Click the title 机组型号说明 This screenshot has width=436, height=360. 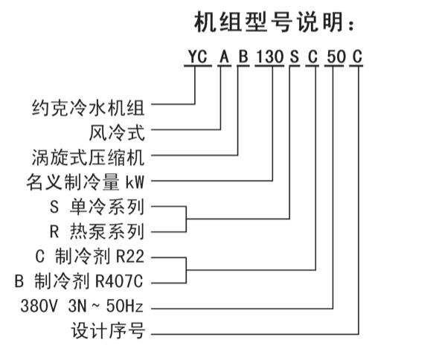(x=275, y=22)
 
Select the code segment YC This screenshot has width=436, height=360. (x=198, y=57)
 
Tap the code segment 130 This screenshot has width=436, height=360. (x=269, y=57)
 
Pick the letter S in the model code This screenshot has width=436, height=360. (x=294, y=57)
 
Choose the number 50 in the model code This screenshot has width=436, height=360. (x=336, y=57)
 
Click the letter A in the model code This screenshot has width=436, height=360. (x=224, y=57)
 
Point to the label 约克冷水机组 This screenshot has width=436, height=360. (x=88, y=108)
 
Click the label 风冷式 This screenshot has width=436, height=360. (x=117, y=133)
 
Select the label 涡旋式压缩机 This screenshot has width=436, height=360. (x=88, y=158)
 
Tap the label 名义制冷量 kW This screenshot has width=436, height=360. (x=86, y=182)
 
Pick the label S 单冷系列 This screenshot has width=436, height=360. (x=97, y=207)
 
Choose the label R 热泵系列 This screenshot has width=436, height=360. (x=97, y=231)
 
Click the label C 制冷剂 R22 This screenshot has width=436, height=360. (x=90, y=256)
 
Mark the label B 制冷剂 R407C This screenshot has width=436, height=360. (x=79, y=280)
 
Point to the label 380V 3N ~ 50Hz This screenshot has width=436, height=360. (x=82, y=306)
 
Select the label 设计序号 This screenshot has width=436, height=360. (x=108, y=330)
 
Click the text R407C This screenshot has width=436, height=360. (x=119, y=281)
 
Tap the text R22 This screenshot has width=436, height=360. (x=130, y=257)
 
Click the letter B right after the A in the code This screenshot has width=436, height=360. (x=243, y=57)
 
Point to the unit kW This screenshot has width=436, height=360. (x=135, y=182)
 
